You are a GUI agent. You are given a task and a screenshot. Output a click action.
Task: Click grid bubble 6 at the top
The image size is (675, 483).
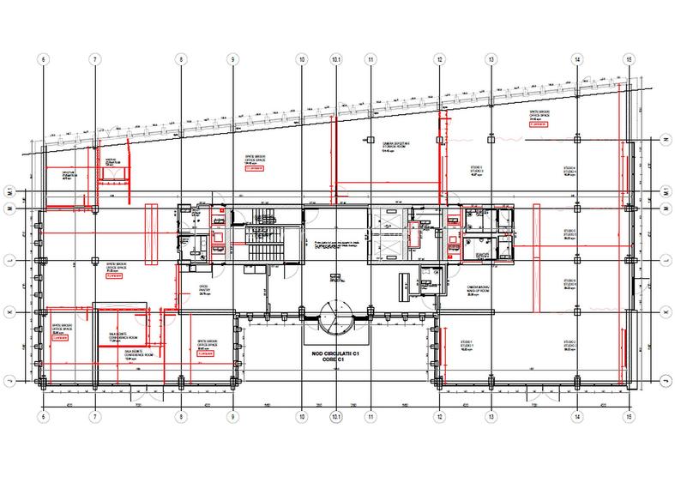coord(40,59)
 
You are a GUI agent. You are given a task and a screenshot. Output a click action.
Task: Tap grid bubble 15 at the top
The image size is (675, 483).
coord(629,59)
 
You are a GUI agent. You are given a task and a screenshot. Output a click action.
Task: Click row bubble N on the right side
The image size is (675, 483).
coord(666,137)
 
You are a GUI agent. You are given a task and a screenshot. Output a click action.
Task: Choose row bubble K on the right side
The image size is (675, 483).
coord(666,312)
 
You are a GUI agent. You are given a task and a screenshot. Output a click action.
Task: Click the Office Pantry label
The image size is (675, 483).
coord(205,290)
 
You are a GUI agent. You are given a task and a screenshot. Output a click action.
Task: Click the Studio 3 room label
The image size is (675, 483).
coord(476,170)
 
